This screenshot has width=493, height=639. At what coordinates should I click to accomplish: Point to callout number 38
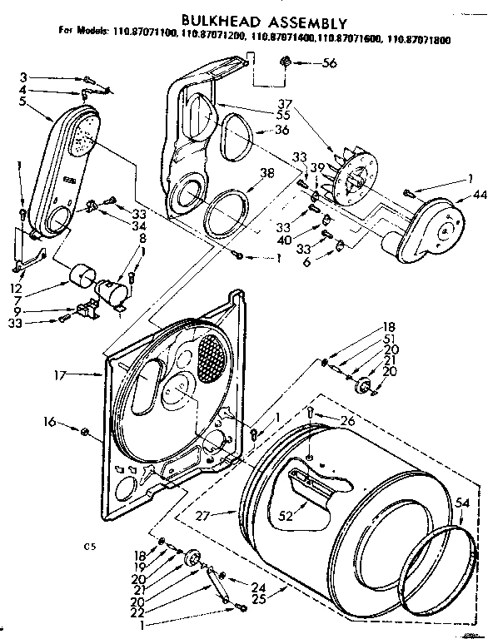266,174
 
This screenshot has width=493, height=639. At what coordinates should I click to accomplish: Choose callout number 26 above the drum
348,421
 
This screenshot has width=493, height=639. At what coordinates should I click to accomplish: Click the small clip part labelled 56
286,61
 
